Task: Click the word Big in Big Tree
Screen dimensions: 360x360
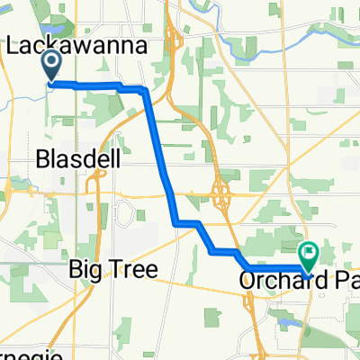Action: click(x=85, y=269)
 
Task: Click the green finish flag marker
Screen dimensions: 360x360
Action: click(x=309, y=255)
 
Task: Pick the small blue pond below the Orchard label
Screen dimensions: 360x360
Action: click(x=286, y=319)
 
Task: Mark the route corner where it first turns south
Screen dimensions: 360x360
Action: click(x=145, y=90)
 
